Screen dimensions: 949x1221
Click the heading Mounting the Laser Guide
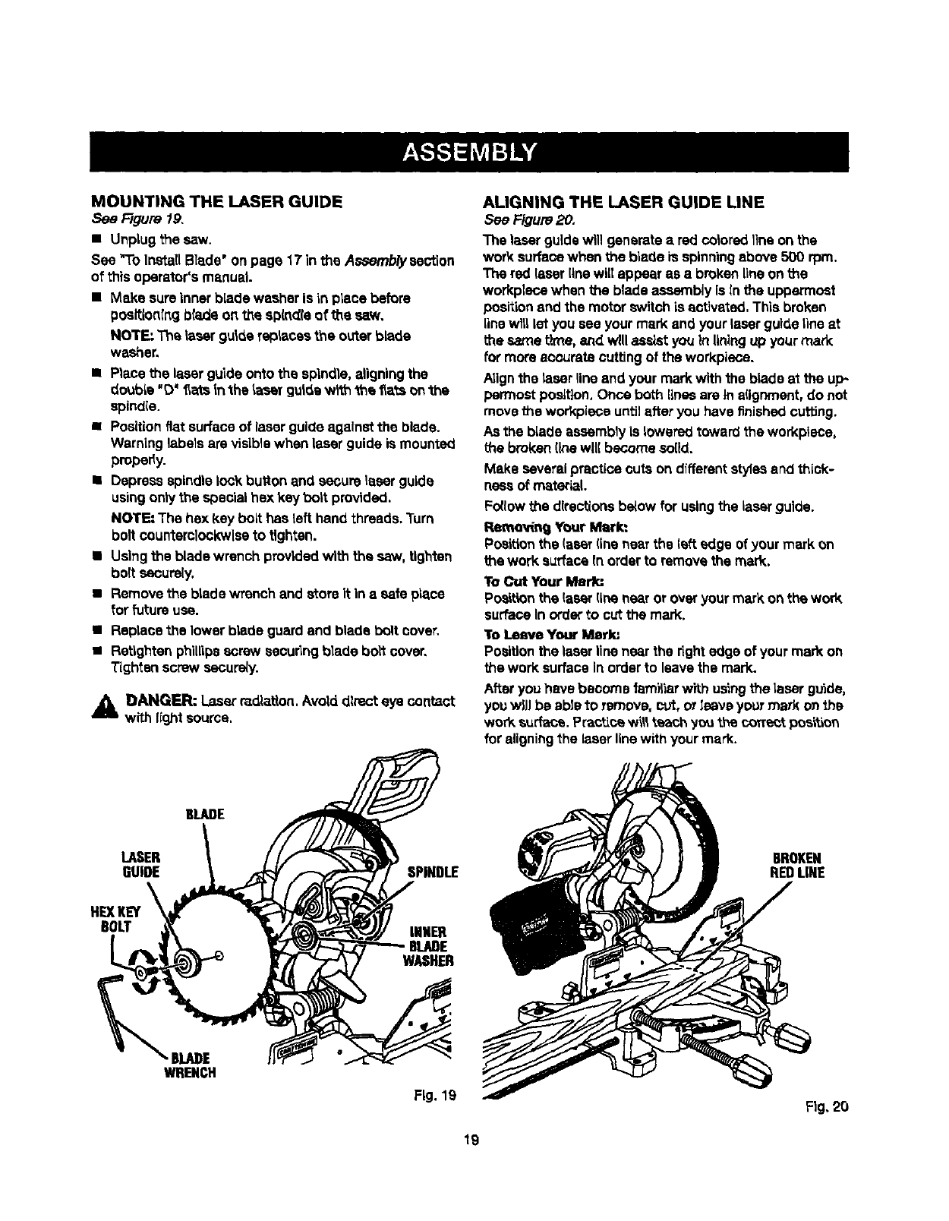[x=216, y=201]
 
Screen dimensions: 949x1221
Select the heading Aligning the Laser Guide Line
[x=623, y=201]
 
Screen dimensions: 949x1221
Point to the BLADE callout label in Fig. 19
[x=204, y=814]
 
